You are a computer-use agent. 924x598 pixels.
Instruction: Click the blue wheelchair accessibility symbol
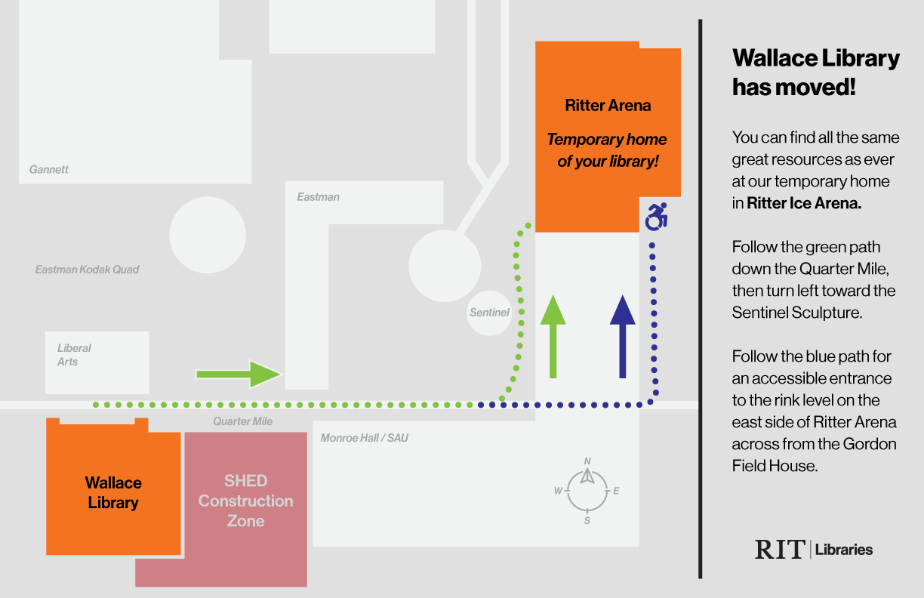656,217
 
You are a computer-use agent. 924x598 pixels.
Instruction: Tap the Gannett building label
49,169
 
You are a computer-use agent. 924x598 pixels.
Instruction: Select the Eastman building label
318,197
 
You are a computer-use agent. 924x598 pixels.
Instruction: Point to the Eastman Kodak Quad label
87,269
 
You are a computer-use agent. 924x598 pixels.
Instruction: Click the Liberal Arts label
74,355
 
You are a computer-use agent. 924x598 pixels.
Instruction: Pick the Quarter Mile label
242,421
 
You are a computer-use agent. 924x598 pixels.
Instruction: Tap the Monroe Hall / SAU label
364,438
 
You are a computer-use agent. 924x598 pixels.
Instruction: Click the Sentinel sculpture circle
489,312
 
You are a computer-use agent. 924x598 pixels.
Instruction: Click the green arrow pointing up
553,336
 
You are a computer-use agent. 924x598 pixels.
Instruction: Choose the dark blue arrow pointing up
622,336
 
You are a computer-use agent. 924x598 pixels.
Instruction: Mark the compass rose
587,491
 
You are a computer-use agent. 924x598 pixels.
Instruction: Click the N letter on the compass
587,461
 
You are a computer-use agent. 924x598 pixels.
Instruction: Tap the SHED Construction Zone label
245,501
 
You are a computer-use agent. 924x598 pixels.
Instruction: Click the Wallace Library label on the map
113,492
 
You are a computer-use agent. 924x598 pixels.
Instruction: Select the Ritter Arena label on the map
608,106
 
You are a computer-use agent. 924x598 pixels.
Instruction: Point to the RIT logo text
780,549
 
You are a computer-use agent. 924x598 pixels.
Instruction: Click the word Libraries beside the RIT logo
844,550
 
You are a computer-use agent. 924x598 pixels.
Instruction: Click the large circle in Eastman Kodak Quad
208,235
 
